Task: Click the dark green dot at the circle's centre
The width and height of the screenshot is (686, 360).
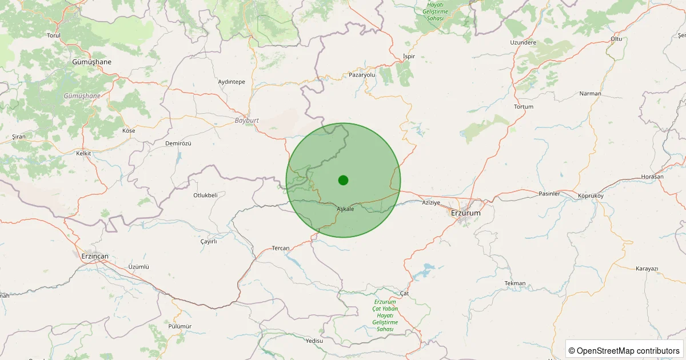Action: pyautogui.click(x=343, y=180)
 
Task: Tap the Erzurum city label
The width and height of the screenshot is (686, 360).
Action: pyautogui.click(x=466, y=213)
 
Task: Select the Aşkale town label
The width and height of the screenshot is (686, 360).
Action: pyautogui.click(x=345, y=209)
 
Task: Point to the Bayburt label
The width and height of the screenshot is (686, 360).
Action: pyautogui.click(x=248, y=121)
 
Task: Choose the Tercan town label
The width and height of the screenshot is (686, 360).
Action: pyautogui.click(x=281, y=248)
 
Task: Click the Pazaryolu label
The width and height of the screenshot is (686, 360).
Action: pyautogui.click(x=362, y=75)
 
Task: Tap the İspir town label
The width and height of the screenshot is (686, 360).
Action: pyautogui.click(x=409, y=57)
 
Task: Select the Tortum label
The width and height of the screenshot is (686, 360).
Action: pyautogui.click(x=524, y=107)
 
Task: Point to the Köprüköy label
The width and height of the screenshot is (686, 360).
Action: pyautogui.click(x=591, y=195)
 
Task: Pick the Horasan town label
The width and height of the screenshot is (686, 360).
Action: pyautogui.click(x=652, y=177)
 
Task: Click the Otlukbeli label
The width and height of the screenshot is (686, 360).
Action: pyautogui.click(x=205, y=195)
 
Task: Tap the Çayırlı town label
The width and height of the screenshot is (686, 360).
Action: pyautogui.click(x=209, y=241)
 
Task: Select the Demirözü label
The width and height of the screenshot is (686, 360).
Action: pyautogui.click(x=178, y=143)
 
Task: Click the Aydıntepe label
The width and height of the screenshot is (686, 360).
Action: pyautogui.click(x=232, y=82)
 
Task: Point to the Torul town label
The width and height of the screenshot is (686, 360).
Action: pyautogui.click(x=54, y=35)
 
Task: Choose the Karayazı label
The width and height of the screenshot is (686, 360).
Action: pyautogui.click(x=647, y=269)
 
